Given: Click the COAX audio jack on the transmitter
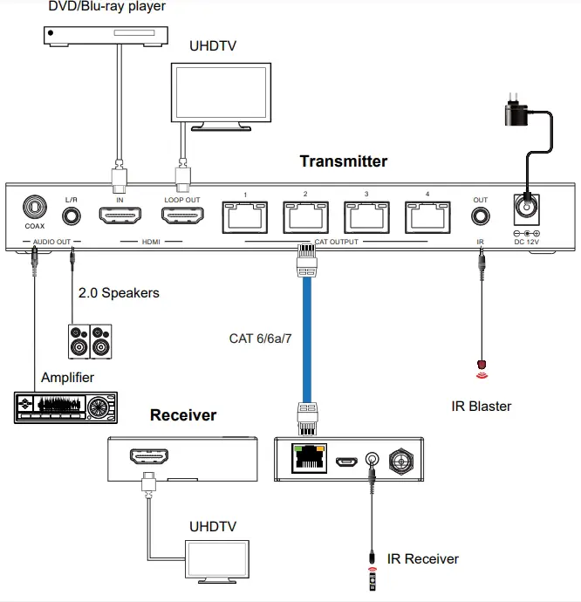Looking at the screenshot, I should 34,210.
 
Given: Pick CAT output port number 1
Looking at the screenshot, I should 246,216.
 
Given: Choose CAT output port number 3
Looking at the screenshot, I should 366,216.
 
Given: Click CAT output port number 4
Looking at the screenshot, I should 427,216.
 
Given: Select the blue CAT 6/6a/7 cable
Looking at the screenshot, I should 306,336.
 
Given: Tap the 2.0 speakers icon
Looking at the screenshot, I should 91,341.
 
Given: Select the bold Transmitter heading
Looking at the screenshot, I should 343,161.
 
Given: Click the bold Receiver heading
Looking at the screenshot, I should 183,415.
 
